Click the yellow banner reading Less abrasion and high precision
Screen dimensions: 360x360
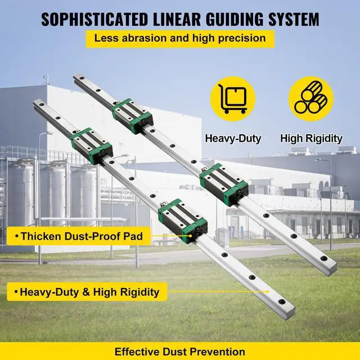pos(180,39)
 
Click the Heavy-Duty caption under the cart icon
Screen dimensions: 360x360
pos(233,138)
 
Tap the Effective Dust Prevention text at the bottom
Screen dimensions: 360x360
pos(180,352)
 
